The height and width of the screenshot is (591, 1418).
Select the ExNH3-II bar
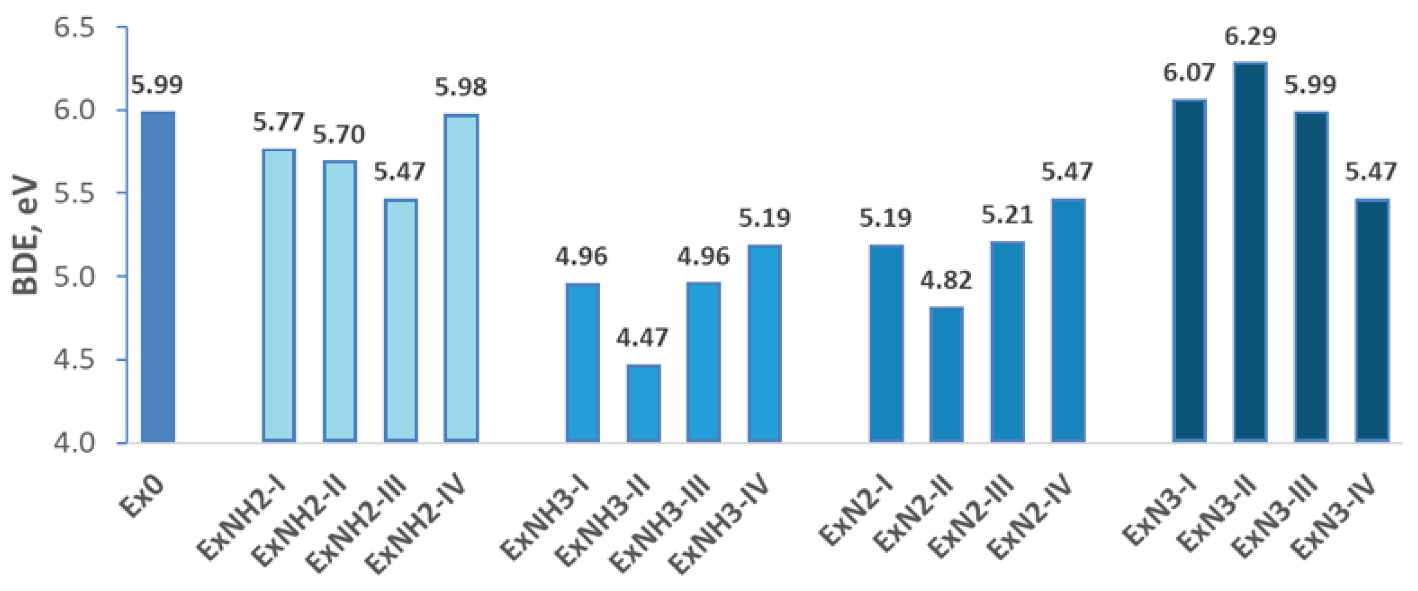tap(643, 403)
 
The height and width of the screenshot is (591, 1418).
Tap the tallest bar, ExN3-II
tap(1251, 252)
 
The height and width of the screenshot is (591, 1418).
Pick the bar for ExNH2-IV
tap(462, 278)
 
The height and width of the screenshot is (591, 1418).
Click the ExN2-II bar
tap(946, 375)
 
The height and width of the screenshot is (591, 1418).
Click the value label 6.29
tap(1250, 37)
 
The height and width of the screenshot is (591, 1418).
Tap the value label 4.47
tap(642, 338)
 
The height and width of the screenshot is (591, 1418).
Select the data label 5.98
tap(462, 87)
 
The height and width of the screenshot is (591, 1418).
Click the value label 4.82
tap(946, 280)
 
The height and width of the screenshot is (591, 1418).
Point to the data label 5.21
tap(1007, 215)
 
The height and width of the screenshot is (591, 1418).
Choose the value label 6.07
tap(1189, 73)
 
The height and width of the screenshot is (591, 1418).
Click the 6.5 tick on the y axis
tap(74, 27)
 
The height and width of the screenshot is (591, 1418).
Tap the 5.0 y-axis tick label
tap(74, 276)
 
